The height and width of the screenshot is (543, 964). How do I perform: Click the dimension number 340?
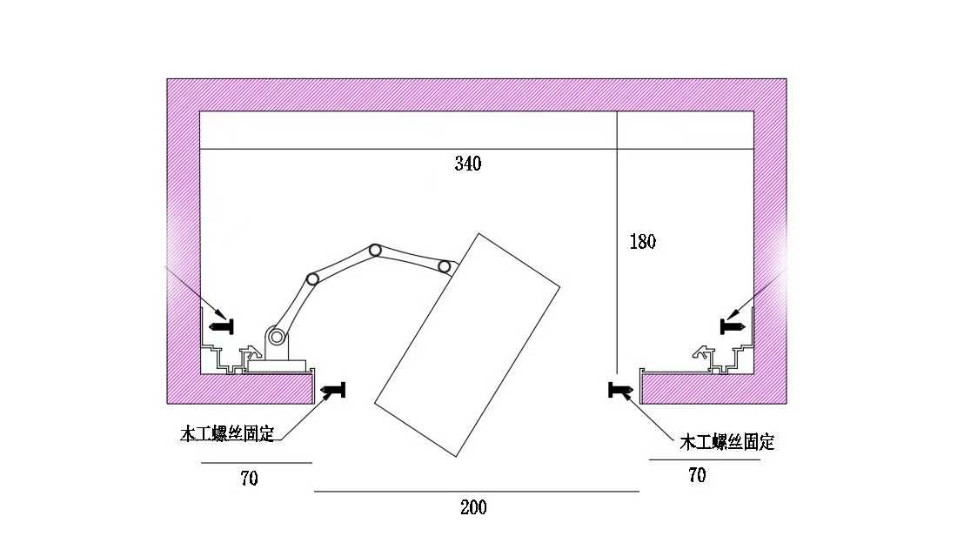[467, 164]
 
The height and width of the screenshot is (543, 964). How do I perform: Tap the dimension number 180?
[642, 242]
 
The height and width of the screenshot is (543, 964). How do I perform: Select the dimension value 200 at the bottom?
[473, 507]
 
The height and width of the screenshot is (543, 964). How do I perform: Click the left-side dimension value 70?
[250, 478]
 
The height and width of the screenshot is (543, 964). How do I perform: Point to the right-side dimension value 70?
[697, 475]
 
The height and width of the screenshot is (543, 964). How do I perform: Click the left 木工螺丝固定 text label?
[227, 433]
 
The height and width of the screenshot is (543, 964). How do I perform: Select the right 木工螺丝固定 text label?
[726, 442]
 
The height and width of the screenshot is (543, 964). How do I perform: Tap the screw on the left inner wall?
[222, 326]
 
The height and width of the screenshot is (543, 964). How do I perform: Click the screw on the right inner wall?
[733, 325]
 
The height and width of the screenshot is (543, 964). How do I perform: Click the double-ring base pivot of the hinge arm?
[277, 337]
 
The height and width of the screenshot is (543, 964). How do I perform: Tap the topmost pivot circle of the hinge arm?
[375, 251]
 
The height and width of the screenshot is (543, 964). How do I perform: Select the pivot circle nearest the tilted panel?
[445, 265]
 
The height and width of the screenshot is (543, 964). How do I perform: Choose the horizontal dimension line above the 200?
[476, 492]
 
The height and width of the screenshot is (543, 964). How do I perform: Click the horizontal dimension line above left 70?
[256, 463]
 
